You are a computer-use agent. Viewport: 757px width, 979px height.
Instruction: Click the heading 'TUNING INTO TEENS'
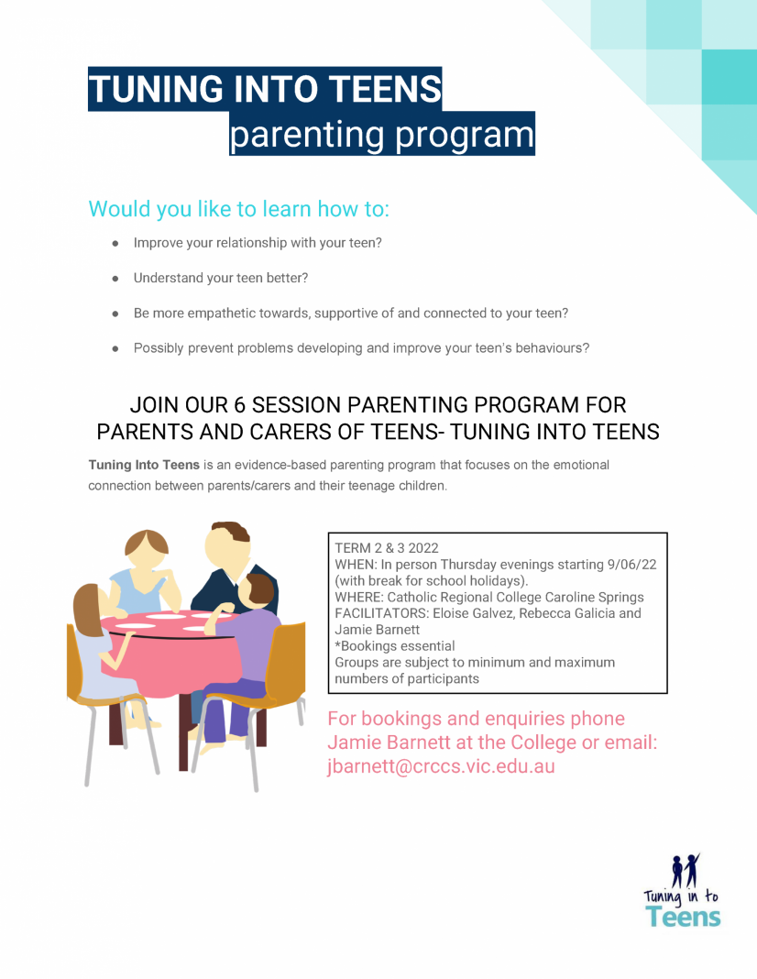[264, 89]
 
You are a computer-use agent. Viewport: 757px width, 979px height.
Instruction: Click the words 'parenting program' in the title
[380, 135]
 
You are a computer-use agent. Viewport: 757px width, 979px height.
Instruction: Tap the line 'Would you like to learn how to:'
[238, 209]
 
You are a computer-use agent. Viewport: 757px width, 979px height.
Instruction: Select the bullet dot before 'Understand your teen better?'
[115, 278]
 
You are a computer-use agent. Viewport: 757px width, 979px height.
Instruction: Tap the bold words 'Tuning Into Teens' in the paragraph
[143, 466]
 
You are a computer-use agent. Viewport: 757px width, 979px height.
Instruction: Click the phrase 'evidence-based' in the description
[278, 466]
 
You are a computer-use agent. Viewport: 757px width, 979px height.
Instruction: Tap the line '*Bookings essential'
[395, 646]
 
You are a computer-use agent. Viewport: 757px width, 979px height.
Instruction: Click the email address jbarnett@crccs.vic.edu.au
[441, 767]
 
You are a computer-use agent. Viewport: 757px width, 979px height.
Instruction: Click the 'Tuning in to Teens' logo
[682, 891]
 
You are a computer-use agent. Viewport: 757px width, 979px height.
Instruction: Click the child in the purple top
[251, 632]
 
